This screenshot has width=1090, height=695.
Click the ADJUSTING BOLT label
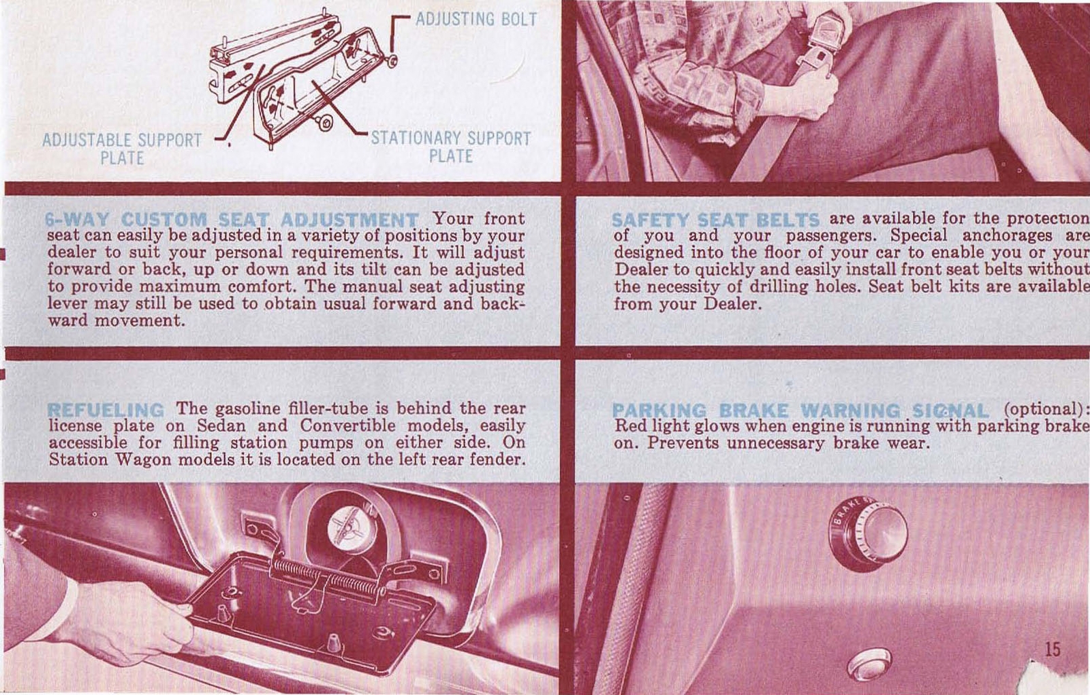(x=476, y=19)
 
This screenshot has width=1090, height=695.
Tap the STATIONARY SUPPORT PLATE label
(x=450, y=147)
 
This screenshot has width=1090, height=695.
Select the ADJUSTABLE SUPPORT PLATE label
(x=122, y=149)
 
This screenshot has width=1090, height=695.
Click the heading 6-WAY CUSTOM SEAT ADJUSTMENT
(x=232, y=220)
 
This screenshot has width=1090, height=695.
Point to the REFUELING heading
(x=106, y=410)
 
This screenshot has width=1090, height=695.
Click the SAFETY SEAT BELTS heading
(x=715, y=220)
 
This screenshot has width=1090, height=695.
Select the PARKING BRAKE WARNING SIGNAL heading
(x=800, y=411)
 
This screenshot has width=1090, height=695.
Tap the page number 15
(x=1053, y=649)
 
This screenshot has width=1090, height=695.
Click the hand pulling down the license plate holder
(x=129, y=621)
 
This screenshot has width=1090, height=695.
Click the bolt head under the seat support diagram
(x=326, y=123)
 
